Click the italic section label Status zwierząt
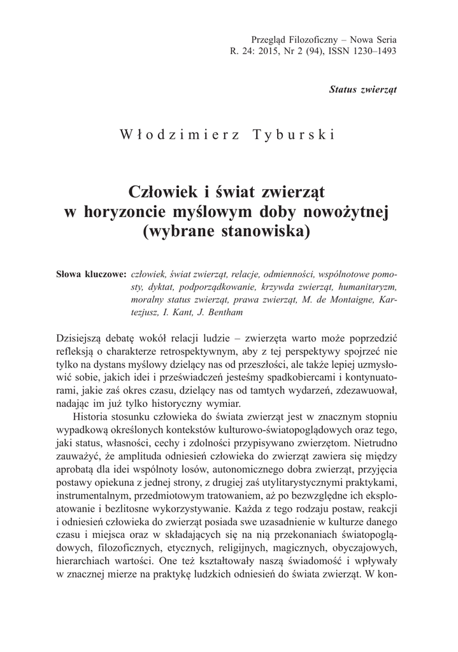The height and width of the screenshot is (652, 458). click(362, 89)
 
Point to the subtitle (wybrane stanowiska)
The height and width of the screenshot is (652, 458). click(229, 231)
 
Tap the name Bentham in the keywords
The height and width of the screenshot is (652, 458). click(206, 313)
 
